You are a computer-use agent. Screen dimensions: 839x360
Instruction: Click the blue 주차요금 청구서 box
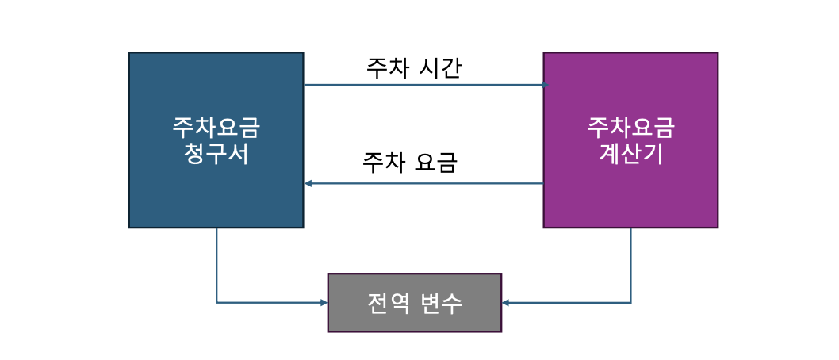[216, 140]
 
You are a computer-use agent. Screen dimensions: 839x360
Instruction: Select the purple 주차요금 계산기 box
[630, 140]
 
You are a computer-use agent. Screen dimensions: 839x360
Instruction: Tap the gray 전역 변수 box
[415, 303]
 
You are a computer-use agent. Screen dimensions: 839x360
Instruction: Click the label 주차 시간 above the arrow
[414, 69]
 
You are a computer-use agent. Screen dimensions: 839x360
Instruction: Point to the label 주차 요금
[410, 163]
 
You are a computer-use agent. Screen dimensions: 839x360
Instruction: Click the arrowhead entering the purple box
[546, 85]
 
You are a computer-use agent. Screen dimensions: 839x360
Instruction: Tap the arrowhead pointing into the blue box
[308, 184]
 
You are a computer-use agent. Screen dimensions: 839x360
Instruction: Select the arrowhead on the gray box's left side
[324, 303]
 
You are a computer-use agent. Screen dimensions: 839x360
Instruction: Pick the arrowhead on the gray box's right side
[506, 303]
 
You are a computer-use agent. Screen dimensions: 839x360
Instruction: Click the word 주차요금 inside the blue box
[216, 128]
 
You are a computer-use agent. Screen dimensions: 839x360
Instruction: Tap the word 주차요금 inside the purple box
[631, 128]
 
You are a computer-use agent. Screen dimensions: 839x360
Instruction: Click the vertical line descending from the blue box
[216, 266]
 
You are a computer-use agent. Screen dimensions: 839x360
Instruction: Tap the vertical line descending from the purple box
[631, 266]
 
